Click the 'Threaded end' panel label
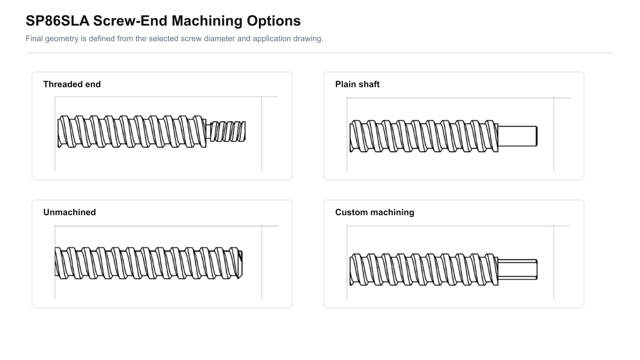pos(72,84)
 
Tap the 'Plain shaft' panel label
pos(357,84)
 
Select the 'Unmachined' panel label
pos(70,212)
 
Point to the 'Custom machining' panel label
pos(374,212)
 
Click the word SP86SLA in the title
pos(58,21)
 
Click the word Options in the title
pos(274,21)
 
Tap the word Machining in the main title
pos(207,21)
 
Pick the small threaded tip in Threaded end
pos(228,132)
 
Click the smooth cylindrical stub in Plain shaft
pos(518,136)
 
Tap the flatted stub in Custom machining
pos(518,270)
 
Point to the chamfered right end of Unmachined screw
pos(240,264)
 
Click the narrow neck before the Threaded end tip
pos(208,132)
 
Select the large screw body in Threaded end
pos(132,132)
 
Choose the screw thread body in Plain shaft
pos(424,136)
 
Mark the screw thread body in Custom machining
pos(424,270)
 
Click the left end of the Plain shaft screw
pos(350,136)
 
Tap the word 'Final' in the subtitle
pos(34,38)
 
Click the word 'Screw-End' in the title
pos(130,21)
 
